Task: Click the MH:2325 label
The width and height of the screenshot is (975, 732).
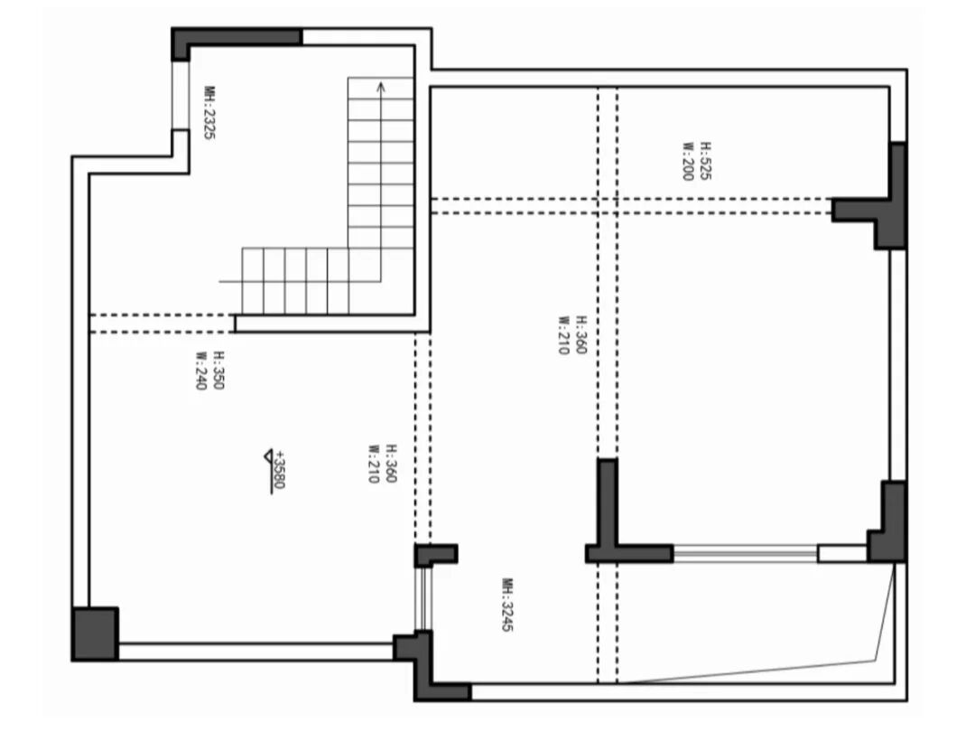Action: tap(209, 113)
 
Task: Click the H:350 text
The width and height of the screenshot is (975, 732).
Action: tap(218, 371)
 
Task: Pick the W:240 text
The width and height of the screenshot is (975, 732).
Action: tap(200, 371)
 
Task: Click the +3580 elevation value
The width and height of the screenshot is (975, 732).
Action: tap(280, 470)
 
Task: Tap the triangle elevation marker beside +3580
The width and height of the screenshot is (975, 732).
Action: tap(268, 456)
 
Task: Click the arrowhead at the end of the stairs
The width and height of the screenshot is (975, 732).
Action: tap(381, 87)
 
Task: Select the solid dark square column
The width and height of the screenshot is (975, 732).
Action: tap(95, 633)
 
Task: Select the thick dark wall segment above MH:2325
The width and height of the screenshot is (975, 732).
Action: tap(237, 37)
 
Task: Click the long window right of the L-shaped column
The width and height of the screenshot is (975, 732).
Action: tap(745, 552)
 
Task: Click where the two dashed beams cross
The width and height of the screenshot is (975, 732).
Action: tap(608, 206)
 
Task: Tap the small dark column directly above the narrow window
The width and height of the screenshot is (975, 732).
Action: tap(435, 554)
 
